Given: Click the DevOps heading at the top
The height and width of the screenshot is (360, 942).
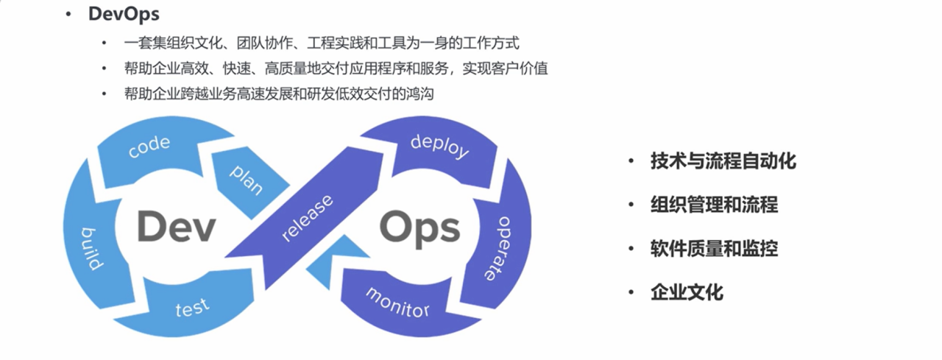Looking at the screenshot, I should coord(124,14).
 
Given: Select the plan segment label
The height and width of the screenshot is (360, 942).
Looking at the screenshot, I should coord(247,179).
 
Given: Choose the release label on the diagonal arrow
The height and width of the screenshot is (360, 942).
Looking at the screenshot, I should coord(308,218).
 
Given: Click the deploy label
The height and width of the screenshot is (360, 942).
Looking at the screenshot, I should coord(439,145).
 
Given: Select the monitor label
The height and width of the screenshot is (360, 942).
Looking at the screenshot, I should coord(397,302).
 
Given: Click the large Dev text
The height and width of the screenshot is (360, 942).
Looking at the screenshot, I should coord(176,227).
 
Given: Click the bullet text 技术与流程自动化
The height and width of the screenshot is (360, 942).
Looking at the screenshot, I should coord(723,161).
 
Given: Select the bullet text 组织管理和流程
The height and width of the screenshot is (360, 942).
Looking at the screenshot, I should coord(714,205).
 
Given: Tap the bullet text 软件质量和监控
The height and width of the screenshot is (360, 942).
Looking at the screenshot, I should coord(714,249).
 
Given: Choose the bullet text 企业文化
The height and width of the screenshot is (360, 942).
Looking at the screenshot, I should coord(687,292).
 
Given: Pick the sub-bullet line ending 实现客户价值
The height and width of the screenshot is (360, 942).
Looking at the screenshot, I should coord(336,68).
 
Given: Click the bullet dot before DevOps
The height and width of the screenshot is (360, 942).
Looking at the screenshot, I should coord(68,14).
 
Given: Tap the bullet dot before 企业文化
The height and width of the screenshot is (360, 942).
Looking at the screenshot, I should coord(631,293).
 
